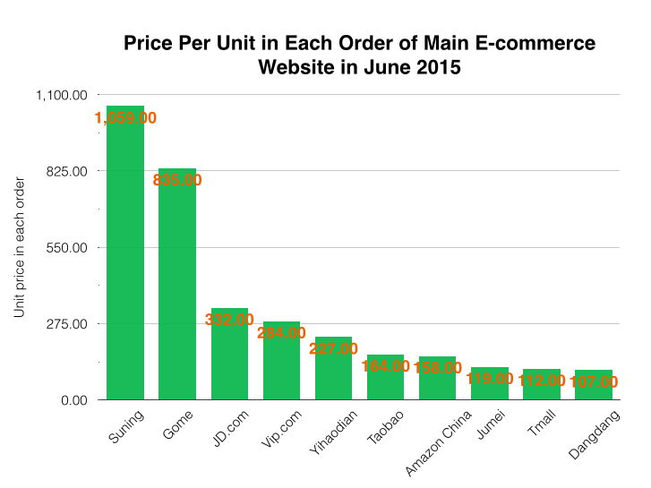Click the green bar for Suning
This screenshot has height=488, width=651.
[125, 260]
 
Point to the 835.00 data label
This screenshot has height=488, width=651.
[177, 180]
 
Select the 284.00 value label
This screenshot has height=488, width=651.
[281, 333]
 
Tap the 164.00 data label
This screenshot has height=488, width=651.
[386, 365]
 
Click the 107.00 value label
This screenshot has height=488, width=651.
[594, 381]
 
